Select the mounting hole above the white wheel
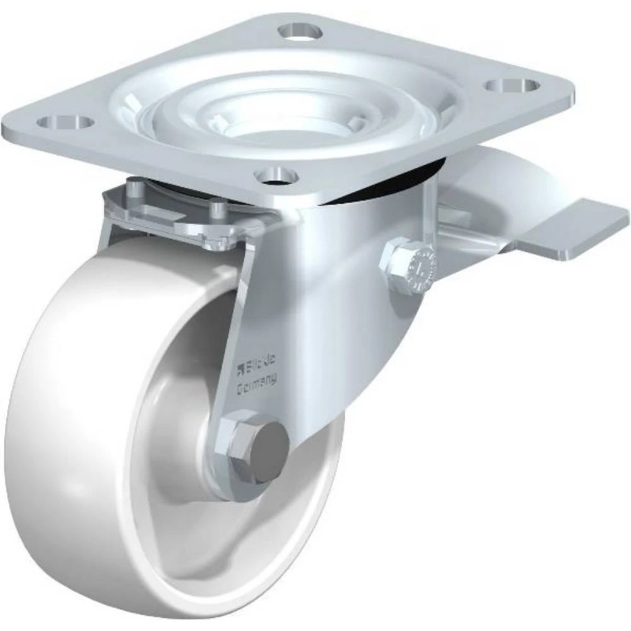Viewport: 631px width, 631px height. tap(65, 121)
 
